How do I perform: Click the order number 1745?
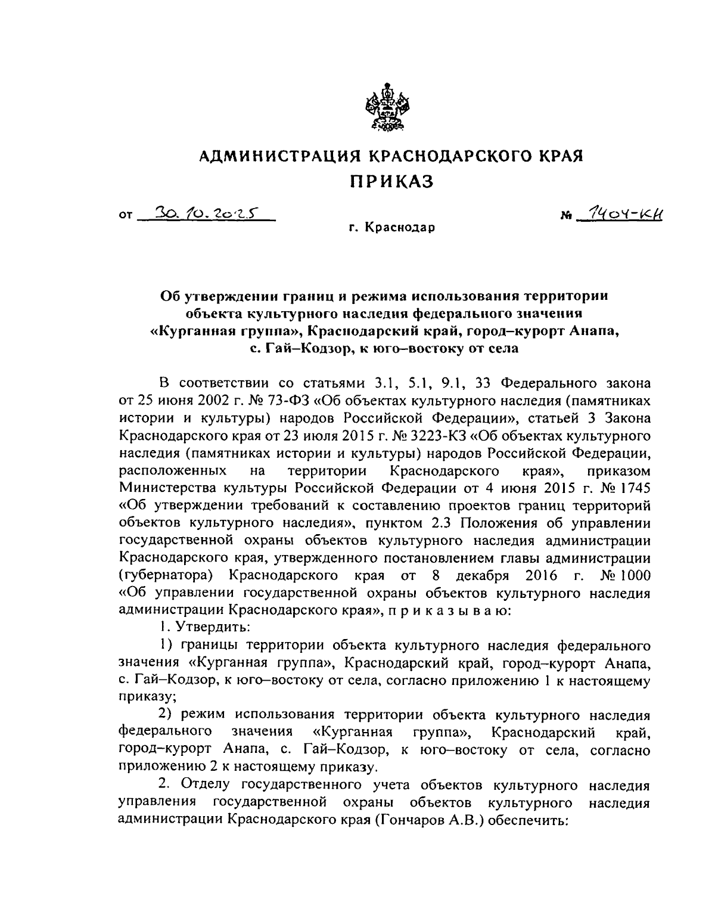click(632, 488)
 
